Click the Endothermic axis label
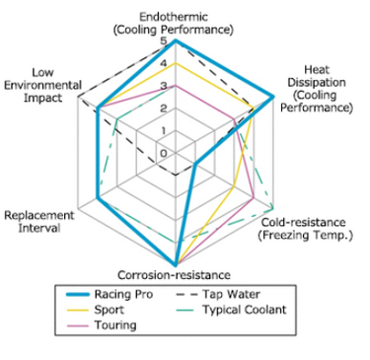click(174, 23)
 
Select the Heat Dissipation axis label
click(317, 89)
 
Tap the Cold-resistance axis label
click(305, 229)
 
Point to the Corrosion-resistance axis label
click(174, 274)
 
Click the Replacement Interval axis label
click(39, 222)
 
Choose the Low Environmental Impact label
click(42, 85)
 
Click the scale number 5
click(164, 41)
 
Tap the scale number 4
click(164, 63)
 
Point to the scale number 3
click(164, 86)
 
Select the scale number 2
click(164, 108)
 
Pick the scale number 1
click(164, 131)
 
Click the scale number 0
click(164, 153)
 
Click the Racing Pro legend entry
click(110, 294)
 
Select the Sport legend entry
click(96, 310)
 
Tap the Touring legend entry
click(102, 325)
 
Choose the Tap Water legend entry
click(218, 294)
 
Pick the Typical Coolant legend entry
click(231, 310)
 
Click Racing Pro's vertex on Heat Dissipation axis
click(272, 97)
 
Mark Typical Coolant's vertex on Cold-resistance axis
click(272, 209)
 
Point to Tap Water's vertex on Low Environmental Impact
click(78, 97)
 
